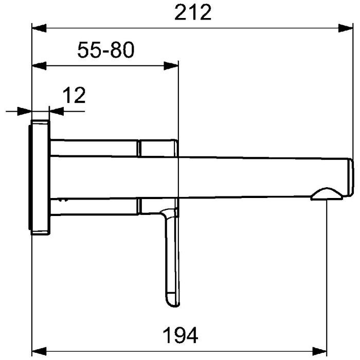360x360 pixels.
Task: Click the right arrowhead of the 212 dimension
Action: point(346,28)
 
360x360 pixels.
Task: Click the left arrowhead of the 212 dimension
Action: point(39,28)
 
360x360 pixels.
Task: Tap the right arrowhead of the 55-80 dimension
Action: point(171,65)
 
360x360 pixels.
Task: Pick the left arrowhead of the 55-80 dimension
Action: point(39,65)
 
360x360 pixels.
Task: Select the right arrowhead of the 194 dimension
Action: point(321,351)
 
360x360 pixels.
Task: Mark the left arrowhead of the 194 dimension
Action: point(39,351)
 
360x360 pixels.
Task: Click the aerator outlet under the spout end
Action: point(328,194)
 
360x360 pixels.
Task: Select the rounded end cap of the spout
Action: point(350,177)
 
